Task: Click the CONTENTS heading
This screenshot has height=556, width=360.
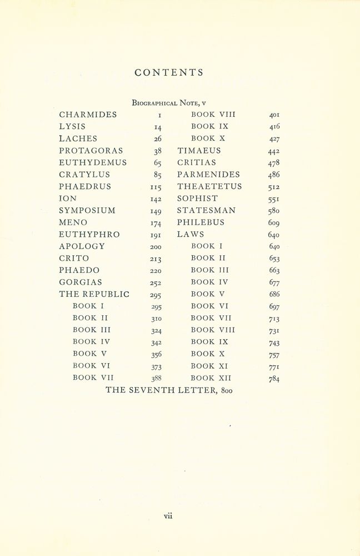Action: [169, 73]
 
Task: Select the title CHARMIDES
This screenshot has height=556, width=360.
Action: [88, 115]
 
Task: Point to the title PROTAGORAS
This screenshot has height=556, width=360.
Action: [91, 151]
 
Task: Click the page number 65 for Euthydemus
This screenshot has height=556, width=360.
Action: [157, 163]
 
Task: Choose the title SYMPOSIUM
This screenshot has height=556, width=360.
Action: [87, 210]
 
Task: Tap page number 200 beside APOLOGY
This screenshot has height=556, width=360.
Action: [156, 247]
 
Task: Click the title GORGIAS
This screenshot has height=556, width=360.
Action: [81, 282]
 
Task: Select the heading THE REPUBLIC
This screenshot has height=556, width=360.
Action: [94, 294]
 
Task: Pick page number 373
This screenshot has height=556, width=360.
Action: [156, 367]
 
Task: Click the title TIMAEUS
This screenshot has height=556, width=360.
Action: [199, 151]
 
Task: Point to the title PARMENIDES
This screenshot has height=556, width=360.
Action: [208, 175]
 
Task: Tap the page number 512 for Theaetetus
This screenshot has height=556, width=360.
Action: [273, 187]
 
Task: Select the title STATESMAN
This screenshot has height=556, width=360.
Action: [206, 210]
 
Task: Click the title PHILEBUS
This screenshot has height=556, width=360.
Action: [201, 222]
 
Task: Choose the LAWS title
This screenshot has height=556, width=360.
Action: [191, 235]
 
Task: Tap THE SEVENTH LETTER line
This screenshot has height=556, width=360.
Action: [169, 390]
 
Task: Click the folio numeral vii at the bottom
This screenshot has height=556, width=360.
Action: [168, 515]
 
